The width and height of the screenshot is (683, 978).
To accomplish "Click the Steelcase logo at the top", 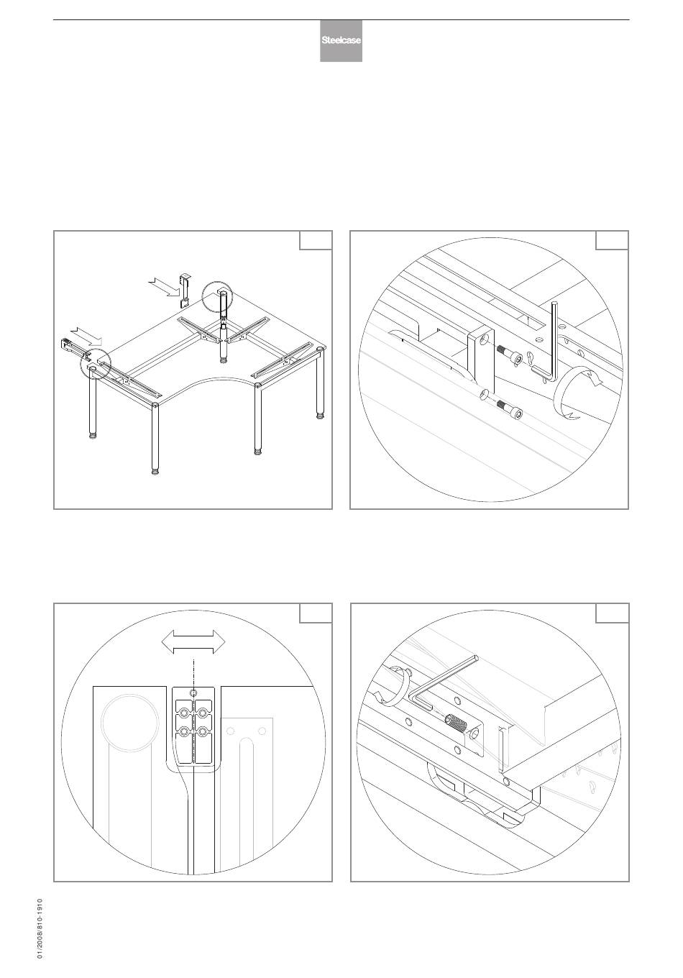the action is tap(341, 40).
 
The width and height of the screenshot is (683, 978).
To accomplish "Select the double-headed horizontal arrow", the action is tap(193, 641).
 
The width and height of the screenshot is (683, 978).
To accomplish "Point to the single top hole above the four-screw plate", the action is tap(193, 693).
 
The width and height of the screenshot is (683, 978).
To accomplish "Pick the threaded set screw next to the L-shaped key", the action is tap(456, 725).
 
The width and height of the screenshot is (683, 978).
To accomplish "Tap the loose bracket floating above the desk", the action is tap(185, 290).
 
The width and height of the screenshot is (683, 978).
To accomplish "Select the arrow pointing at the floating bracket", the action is tap(164, 286).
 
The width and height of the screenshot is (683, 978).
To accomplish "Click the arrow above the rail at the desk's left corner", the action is tap(86, 335).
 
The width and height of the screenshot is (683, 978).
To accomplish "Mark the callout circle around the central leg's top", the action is tap(217, 297).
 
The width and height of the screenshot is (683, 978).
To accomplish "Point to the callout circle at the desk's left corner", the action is tap(96, 364).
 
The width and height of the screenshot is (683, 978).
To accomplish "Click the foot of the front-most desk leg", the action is tap(155, 471).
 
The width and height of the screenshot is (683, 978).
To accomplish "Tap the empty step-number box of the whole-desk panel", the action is tap(316, 240).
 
